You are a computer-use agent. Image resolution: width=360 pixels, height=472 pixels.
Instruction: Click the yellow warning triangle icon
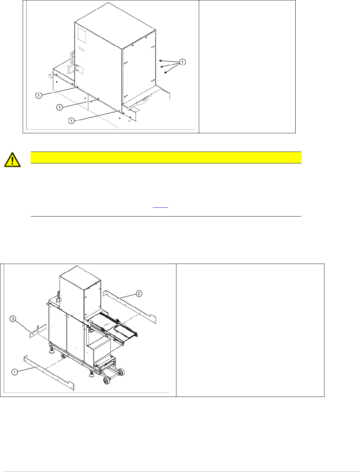coord(12,160)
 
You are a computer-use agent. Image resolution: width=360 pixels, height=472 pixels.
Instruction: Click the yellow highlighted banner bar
coord(166,157)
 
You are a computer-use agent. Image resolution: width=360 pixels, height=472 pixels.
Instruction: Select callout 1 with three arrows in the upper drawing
coord(182,62)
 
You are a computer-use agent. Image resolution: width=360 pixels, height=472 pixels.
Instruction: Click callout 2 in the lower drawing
coord(139,294)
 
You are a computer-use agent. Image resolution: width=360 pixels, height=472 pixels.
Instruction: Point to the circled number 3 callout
coord(13,319)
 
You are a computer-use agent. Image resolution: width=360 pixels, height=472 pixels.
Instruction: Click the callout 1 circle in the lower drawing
coord(15,372)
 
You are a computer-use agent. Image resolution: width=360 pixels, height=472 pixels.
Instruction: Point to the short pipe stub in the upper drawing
coord(50,76)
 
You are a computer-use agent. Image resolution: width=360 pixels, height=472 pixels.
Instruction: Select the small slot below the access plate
coord(81,49)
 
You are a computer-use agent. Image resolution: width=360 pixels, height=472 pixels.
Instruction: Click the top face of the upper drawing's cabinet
coord(115,25)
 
